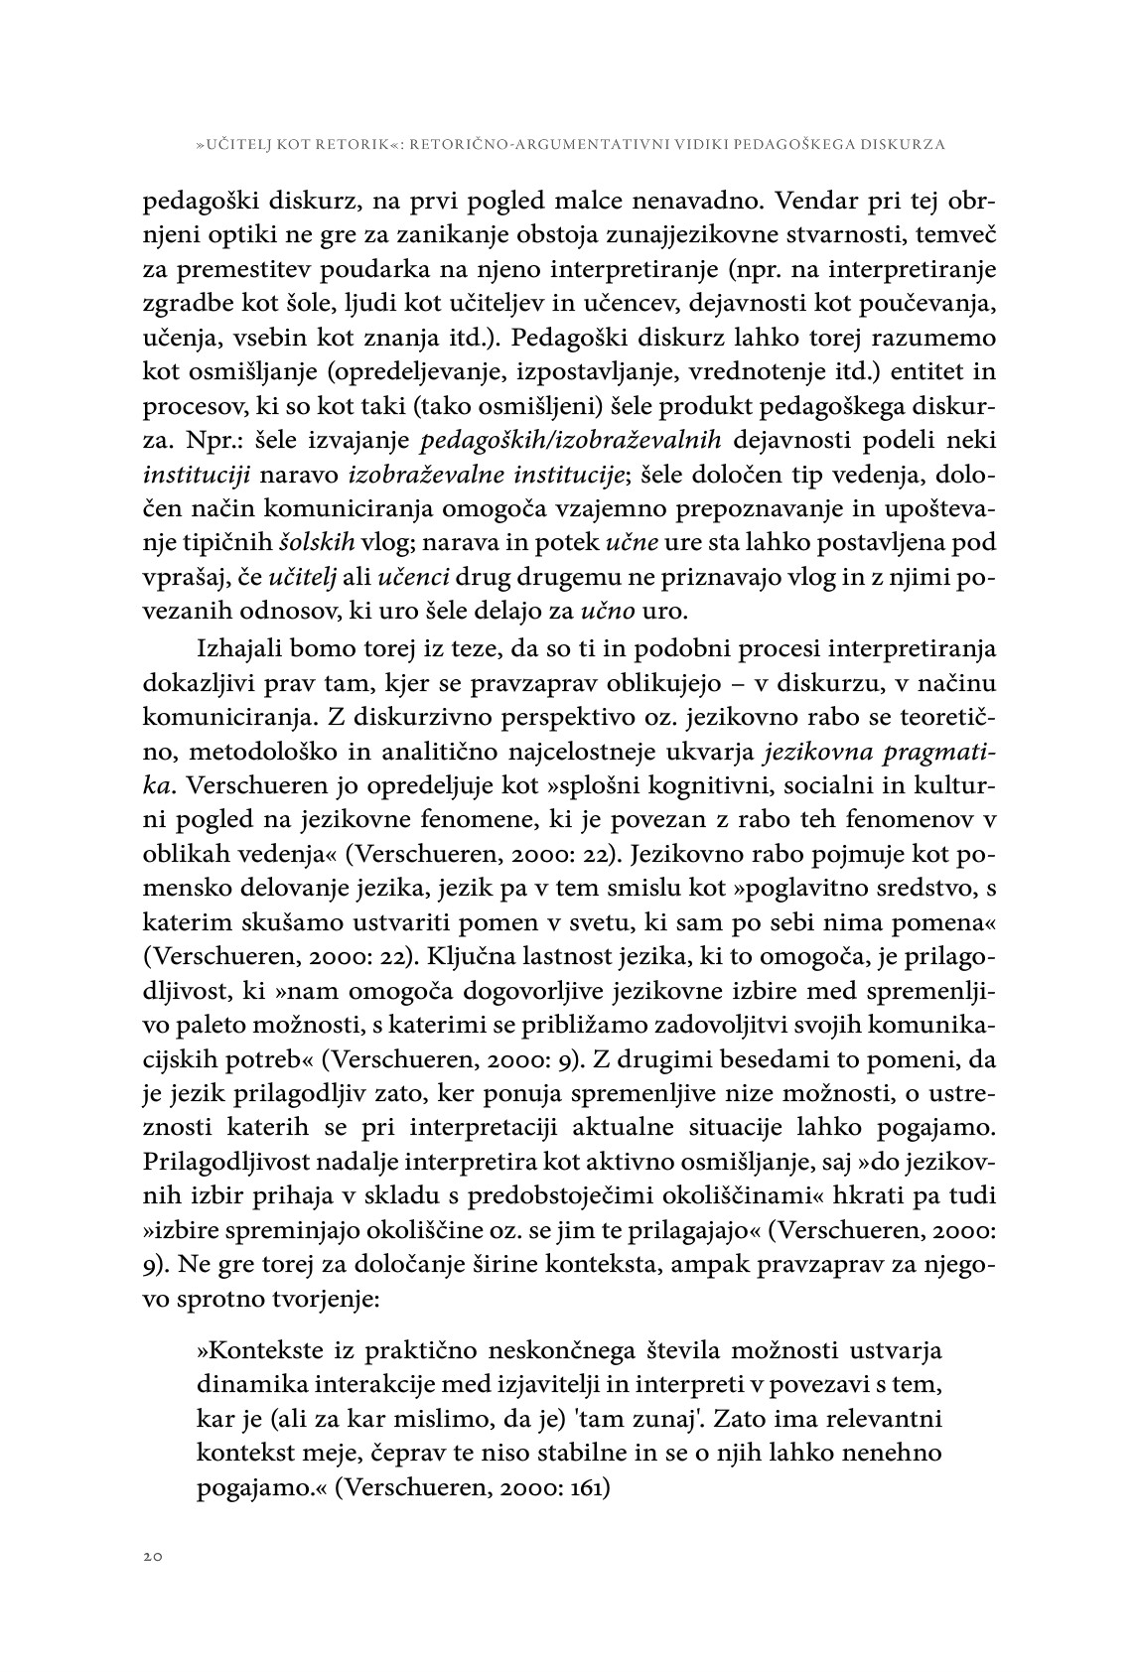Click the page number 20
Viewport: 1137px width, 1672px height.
[x=152, y=1556]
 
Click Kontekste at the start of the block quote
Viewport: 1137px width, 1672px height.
[x=262, y=1350]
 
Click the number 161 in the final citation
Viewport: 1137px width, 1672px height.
[x=589, y=1487]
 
